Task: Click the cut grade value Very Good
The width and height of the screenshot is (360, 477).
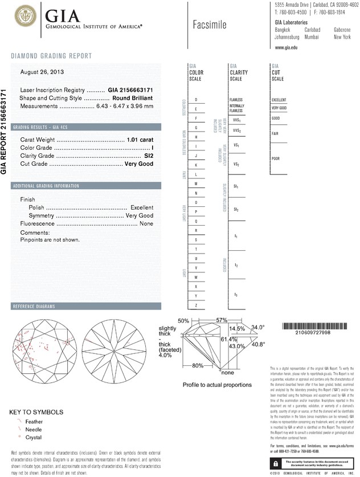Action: (x=139, y=164)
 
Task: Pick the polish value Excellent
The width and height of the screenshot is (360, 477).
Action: (x=142, y=208)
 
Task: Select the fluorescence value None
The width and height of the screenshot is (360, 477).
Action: (x=146, y=225)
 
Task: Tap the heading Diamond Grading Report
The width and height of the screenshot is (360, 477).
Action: (x=51, y=56)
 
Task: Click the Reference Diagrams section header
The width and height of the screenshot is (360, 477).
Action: (x=35, y=307)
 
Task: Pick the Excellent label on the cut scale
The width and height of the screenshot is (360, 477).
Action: (x=280, y=100)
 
